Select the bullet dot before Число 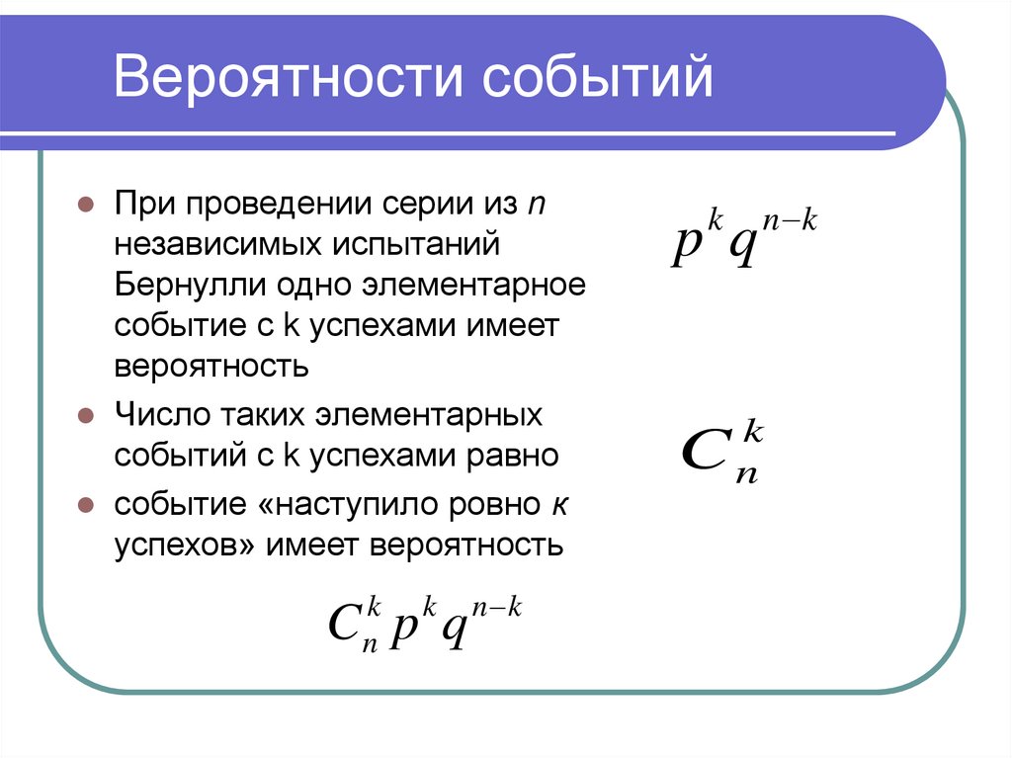pos(86,416)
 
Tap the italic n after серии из pos(537,206)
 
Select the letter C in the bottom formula pos(346,623)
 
